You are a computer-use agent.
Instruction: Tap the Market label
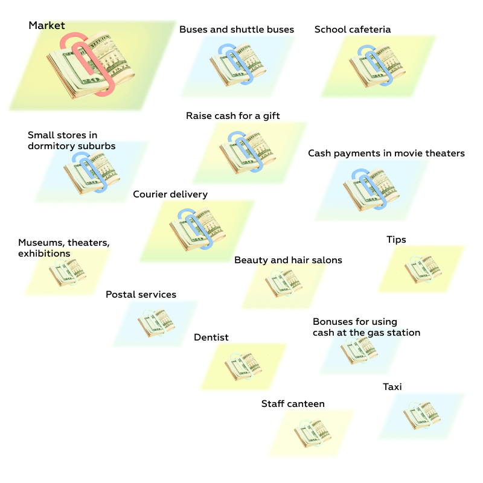[46, 25]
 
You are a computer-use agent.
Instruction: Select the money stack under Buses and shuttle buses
[238, 65]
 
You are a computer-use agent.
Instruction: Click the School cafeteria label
[353, 29]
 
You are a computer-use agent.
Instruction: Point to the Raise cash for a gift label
[233, 115]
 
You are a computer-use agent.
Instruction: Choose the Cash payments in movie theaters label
[386, 153]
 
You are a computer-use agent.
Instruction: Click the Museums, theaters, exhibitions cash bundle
[68, 272]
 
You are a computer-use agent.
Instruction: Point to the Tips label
[396, 240]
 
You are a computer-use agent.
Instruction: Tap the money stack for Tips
[423, 269]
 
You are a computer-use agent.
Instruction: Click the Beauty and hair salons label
[288, 260]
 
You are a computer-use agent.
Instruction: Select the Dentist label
[211, 337]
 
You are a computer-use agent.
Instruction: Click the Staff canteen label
[293, 403]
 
